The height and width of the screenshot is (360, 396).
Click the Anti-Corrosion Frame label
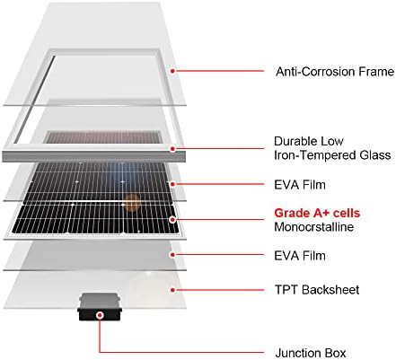pos(335,72)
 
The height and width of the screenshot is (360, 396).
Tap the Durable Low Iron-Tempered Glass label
pos(332,148)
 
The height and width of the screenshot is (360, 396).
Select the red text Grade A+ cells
pos(317,213)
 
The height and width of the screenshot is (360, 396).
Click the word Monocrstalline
pos(313,227)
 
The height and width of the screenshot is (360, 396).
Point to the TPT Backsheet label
pos(317,290)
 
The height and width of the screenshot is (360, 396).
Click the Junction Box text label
pos(311,353)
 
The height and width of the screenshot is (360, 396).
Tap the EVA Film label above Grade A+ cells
pos(300,185)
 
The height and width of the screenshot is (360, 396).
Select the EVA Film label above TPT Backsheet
pos(300,256)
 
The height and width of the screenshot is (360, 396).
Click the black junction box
pos(100,307)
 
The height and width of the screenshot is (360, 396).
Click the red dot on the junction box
pos(101,315)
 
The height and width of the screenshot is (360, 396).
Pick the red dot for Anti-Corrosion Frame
pos(172,71)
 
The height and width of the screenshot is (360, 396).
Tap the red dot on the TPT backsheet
pos(172,290)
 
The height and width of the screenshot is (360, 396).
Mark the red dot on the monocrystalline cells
pos(172,220)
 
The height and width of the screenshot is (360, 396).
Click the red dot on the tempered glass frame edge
pos(172,148)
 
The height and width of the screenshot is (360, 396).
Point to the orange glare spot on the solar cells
pos(132,201)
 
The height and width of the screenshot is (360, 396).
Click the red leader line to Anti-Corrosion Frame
pos(219,71)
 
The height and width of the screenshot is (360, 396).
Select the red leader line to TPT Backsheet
pos(219,290)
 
